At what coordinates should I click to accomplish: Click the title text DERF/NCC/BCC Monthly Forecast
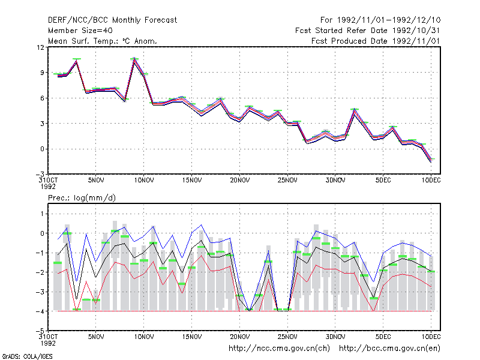click(x=112, y=20)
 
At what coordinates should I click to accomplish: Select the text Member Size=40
click(x=80, y=31)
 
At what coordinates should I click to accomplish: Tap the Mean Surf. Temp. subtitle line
click(x=102, y=41)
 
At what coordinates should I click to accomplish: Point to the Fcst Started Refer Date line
click(x=368, y=31)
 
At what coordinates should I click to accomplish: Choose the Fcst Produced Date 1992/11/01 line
click(x=376, y=41)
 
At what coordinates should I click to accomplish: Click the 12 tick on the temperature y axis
click(x=40, y=47)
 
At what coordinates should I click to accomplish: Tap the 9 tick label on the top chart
click(x=42, y=73)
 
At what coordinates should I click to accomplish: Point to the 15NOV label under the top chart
click(x=192, y=180)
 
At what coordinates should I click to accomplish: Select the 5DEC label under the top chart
click(x=383, y=180)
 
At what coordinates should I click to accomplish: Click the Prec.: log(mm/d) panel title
click(x=82, y=198)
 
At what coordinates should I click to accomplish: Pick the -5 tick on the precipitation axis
click(x=40, y=331)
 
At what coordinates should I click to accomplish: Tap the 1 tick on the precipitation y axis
click(x=42, y=214)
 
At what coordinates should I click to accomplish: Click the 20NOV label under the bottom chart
click(x=240, y=337)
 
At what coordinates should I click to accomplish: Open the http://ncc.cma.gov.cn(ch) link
click(x=280, y=349)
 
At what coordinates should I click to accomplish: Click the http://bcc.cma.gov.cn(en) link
click(x=389, y=349)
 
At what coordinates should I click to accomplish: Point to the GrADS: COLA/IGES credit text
click(x=28, y=356)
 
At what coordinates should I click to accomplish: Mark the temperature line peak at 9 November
click(x=134, y=58)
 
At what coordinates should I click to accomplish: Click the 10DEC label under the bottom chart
click(x=431, y=337)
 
